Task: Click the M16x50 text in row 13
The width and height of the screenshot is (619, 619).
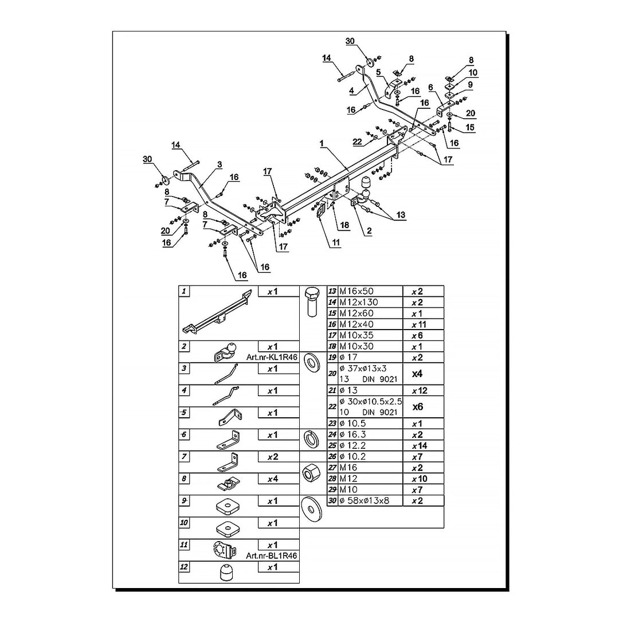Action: pyautogui.click(x=356, y=291)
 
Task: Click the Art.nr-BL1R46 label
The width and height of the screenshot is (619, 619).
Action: pyautogui.click(x=272, y=555)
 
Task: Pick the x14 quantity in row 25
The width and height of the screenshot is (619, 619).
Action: pyautogui.click(x=420, y=445)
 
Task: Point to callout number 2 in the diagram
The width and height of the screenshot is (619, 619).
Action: pyautogui.click(x=370, y=232)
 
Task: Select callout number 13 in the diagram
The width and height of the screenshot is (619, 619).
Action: pyautogui.click(x=400, y=215)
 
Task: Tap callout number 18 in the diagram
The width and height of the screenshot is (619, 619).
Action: pyautogui.click(x=343, y=226)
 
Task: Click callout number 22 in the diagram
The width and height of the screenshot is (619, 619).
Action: pyautogui.click(x=357, y=142)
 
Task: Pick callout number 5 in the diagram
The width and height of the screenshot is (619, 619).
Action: pyautogui.click(x=378, y=72)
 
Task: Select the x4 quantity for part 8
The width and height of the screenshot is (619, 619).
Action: pyautogui.click(x=272, y=479)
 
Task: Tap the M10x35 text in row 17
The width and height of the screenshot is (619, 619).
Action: pyautogui.click(x=356, y=335)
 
